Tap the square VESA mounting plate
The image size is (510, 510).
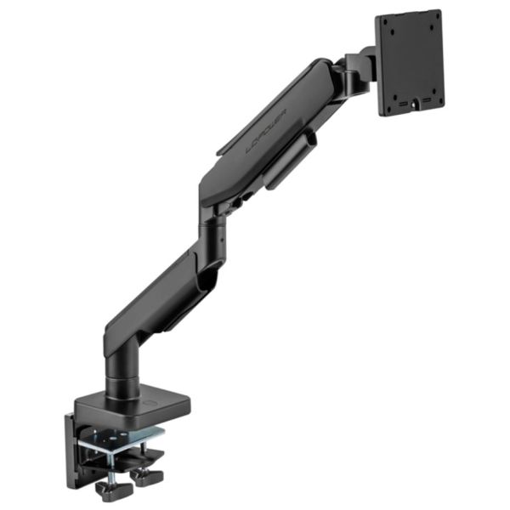click(409, 63)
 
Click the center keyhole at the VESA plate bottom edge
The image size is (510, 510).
click(415, 105)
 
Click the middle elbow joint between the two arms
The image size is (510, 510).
click(212, 229)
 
